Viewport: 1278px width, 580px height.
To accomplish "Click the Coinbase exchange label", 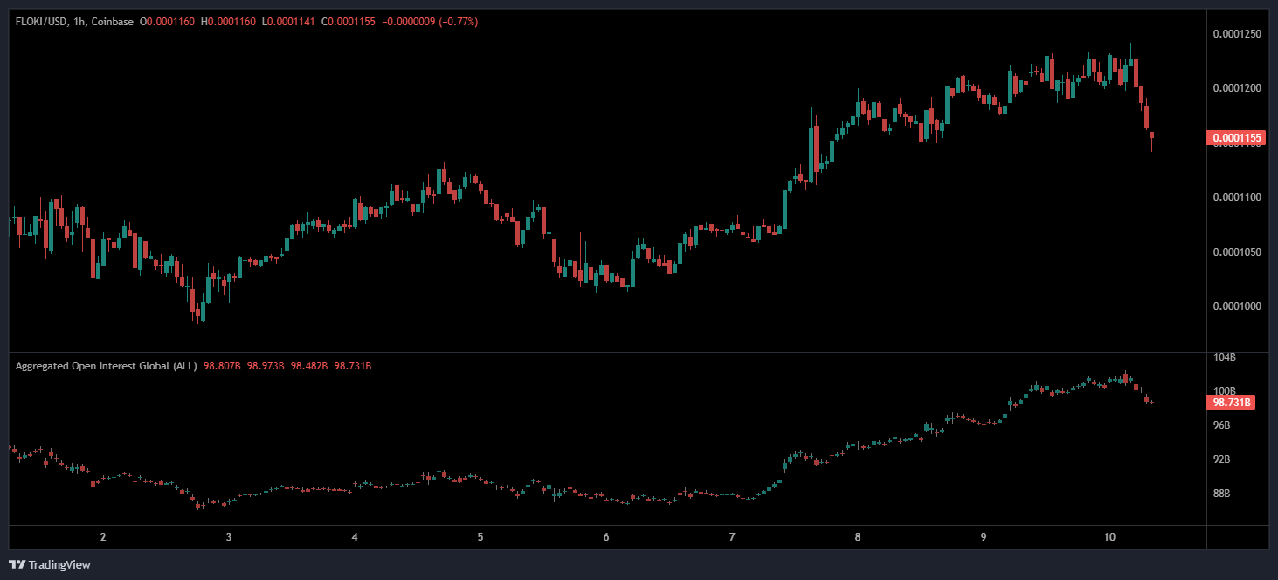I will [113, 21].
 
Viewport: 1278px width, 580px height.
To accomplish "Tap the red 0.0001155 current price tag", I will [1235, 138].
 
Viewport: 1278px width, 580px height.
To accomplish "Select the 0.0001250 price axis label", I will [1236, 34].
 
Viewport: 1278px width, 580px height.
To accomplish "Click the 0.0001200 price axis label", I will [1236, 88].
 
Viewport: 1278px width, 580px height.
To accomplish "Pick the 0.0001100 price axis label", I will [1236, 197].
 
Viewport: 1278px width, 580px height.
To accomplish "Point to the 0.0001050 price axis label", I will [1236, 252].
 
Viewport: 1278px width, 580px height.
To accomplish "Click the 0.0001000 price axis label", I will [1236, 307].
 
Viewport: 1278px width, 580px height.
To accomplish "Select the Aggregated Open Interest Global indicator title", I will [106, 366].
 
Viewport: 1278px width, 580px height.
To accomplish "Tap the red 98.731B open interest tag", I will [1233, 403].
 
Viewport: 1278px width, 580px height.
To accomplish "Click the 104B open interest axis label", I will [1225, 357].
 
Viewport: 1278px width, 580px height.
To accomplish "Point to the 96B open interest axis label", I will [1223, 425].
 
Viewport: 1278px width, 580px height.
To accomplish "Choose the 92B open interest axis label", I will [1223, 459].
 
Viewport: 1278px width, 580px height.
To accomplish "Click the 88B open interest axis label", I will [1223, 494].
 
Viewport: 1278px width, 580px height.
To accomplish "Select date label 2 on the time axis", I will [103, 537].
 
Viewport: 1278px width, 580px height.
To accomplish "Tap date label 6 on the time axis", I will [606, 537].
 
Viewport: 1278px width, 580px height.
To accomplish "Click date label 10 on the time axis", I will [1109, 537].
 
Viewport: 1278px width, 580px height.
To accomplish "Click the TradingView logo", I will [50, 564].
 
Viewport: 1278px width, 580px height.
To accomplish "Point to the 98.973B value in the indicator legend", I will [266, 366].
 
